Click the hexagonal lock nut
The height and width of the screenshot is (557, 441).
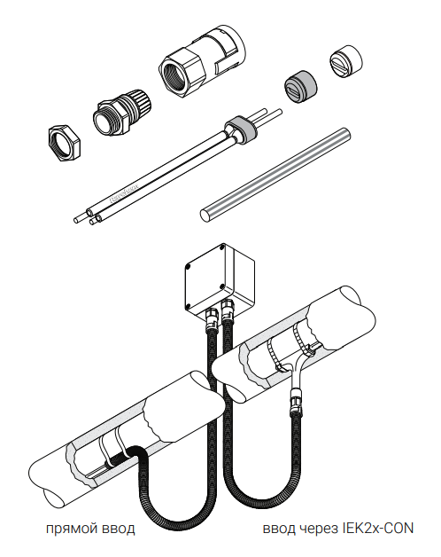point(64,143)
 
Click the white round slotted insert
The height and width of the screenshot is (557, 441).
point(346,60)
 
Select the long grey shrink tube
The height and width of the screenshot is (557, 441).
point(275,175)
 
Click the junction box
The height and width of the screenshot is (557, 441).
point(220,278)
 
